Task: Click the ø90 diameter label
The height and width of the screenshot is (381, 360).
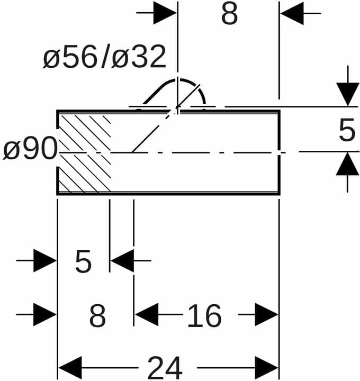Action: [30, 148]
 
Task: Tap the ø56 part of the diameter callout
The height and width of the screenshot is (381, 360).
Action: [70, 57]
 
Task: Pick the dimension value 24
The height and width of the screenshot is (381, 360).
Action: [165, 367]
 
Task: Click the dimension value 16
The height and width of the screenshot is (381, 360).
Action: [204, 315]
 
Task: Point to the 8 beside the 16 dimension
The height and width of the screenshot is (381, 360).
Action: [97, 315]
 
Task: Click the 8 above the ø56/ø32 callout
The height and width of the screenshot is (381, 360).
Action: [229, 13]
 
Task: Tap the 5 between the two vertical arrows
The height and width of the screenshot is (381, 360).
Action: [347, 129]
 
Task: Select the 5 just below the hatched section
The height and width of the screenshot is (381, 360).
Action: [83, 262]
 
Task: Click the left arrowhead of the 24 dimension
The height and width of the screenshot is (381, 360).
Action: [70, 367]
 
